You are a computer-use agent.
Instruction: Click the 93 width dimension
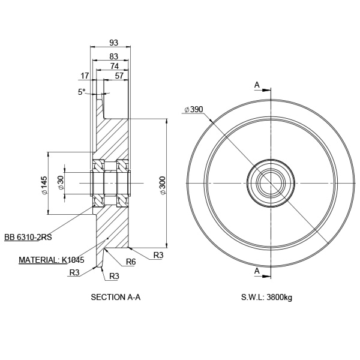click(114, 42)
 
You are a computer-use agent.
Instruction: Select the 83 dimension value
click(114, 56)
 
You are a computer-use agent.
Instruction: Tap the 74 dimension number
click(114, 66)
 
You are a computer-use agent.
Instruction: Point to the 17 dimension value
click(84, 76)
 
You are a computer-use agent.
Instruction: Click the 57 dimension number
click(119, 76)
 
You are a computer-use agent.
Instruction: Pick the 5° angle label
click(82, 92)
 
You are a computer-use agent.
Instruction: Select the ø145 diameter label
click(44, 186)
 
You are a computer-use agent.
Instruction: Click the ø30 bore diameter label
click(61, 183)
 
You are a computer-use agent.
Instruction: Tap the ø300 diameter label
click(163, 185)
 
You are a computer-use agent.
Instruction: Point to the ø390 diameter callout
click(194, 109)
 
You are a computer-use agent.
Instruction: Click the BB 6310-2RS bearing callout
click(28, 238)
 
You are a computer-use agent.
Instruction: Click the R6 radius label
click(131, 262)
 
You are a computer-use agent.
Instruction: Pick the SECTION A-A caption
click(115, 296)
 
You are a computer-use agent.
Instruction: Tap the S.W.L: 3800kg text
click(267, 296)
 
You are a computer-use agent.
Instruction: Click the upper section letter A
click(257, 85)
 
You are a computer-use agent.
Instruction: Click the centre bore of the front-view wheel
click(269, 182)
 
